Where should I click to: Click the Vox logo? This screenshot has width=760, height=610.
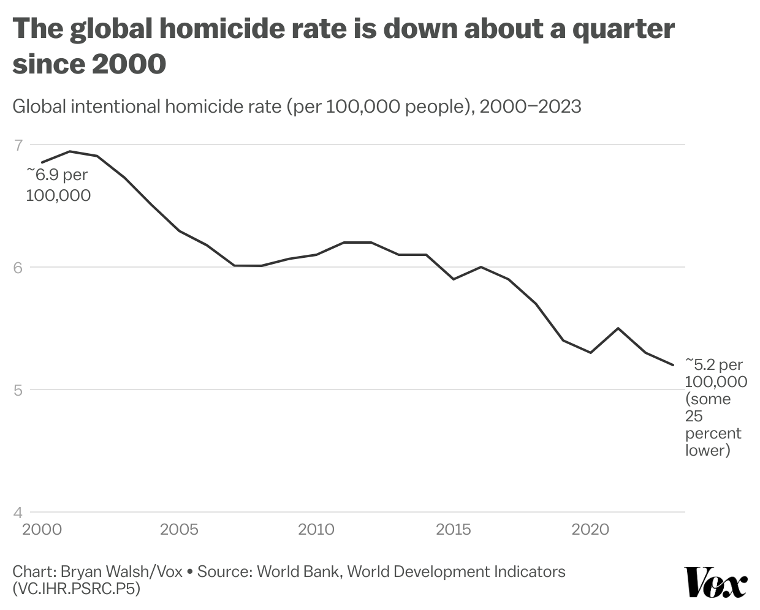(715, 582)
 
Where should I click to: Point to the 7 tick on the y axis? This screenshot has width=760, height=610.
(18, 145)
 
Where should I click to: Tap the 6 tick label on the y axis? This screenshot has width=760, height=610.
(18, 267)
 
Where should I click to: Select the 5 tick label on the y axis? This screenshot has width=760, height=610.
(18, 390)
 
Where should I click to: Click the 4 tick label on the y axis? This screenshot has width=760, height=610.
(18, 512)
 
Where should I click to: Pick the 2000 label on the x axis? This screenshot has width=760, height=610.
(42, 530)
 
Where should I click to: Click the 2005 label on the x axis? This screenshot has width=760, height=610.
(179, 530)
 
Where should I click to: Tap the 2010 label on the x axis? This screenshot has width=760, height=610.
(316, 530)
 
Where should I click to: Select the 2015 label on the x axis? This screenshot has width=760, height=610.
(454, 530)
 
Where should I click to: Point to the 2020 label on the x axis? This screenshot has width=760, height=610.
(590, 530)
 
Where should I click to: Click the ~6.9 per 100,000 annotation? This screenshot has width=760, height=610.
(58, 185)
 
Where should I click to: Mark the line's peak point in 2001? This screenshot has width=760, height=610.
(70, 151)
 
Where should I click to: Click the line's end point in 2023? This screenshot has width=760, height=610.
(673, 365)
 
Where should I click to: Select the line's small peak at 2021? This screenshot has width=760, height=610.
(618, 328)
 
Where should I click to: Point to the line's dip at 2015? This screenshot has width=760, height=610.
(454, 279)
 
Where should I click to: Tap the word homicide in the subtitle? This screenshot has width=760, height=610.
(204, 107)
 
